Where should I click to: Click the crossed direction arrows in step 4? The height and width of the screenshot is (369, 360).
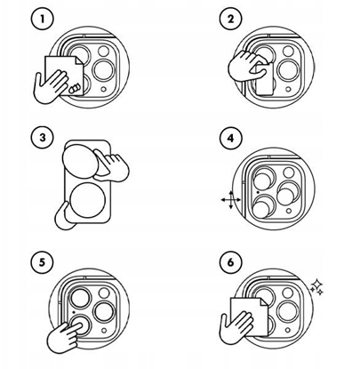point(228,201)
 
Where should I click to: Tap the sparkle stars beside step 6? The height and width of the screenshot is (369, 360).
point(316,285)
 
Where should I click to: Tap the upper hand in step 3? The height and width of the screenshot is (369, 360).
point(115,164)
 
